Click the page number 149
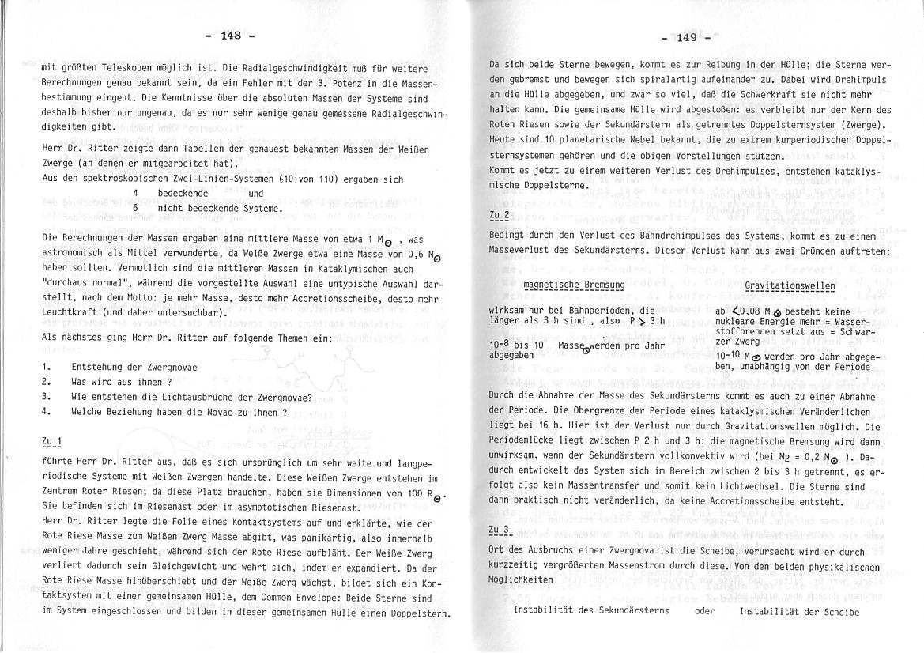tap(686, 37)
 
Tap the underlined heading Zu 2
tap(499, 216)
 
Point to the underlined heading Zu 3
tap(499, 529)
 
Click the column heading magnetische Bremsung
tap(575, 284)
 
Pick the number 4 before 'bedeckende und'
tap(136, 193)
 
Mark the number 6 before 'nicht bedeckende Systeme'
tap(136, 208)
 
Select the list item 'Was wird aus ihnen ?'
tap(111, 381)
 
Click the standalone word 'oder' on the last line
tap(704, 610)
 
